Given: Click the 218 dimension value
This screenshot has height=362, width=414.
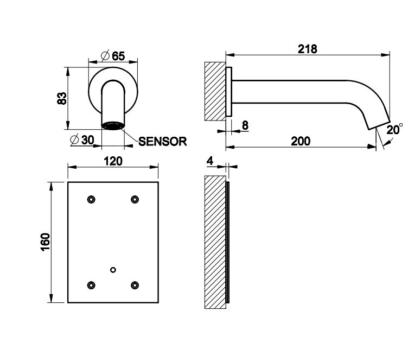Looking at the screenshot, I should pos(307,48).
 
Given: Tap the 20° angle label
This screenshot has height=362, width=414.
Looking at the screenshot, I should pos(394,129).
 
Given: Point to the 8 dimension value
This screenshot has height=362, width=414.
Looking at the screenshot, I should pos(245,125).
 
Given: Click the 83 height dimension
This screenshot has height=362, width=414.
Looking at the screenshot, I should pos(61,98).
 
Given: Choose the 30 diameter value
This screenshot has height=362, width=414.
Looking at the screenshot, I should pos(87,140).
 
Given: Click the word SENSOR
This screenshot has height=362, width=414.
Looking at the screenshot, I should pos(163,141).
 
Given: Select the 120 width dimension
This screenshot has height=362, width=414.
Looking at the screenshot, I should pos(112,161).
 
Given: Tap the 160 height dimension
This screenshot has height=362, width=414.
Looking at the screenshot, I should pos(46,242).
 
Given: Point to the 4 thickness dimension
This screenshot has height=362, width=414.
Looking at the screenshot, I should pos(210,161).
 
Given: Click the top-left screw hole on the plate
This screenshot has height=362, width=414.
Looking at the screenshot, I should pos(91,199).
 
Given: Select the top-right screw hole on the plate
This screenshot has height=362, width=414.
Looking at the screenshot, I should pos(134,199).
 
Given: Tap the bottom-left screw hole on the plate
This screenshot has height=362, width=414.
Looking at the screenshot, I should pos(91,284).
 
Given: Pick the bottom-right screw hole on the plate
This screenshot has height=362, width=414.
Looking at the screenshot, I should pos(134,284).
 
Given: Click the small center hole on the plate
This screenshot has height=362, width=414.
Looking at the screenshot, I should pos(113,270).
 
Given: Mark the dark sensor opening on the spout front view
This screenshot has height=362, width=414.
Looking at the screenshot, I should pos(113,126).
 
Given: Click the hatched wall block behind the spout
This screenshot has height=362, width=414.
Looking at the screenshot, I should pos(214,91).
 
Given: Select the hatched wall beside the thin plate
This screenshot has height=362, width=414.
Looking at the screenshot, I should pos(215,242).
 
